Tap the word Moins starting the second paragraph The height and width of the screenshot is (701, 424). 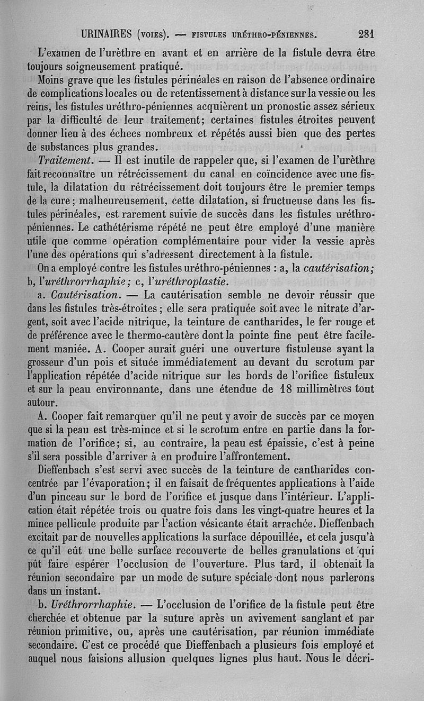point(52,80)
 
